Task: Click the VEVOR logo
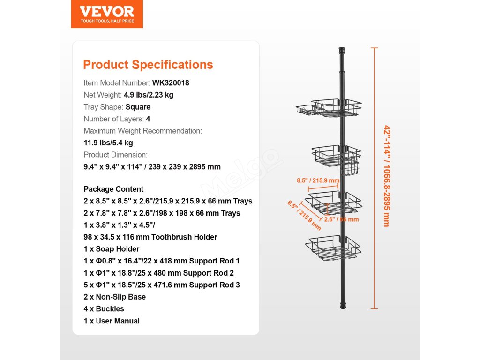click(x=107, y=14)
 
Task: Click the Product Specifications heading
click(x=148, y=65)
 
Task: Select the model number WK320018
click(x=171, y=83)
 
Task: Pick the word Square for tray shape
click(x=138, y=107)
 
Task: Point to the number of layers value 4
click(x=148, y=119)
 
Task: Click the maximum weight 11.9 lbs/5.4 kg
click(x=108, y=143)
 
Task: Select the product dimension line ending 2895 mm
click(x=152, y=167)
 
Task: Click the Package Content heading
click(x=114, y=189)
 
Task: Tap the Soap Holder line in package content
click(x=112, y=249)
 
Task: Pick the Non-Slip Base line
click(x=115, y=297)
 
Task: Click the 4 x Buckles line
click(x=104, y=309)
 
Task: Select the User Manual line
click(x=112, y=321)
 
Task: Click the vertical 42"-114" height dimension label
click(x=386, y=176)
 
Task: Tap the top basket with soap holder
click(x=329, y=109)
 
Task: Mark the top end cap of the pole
click(x=342, y=49)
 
